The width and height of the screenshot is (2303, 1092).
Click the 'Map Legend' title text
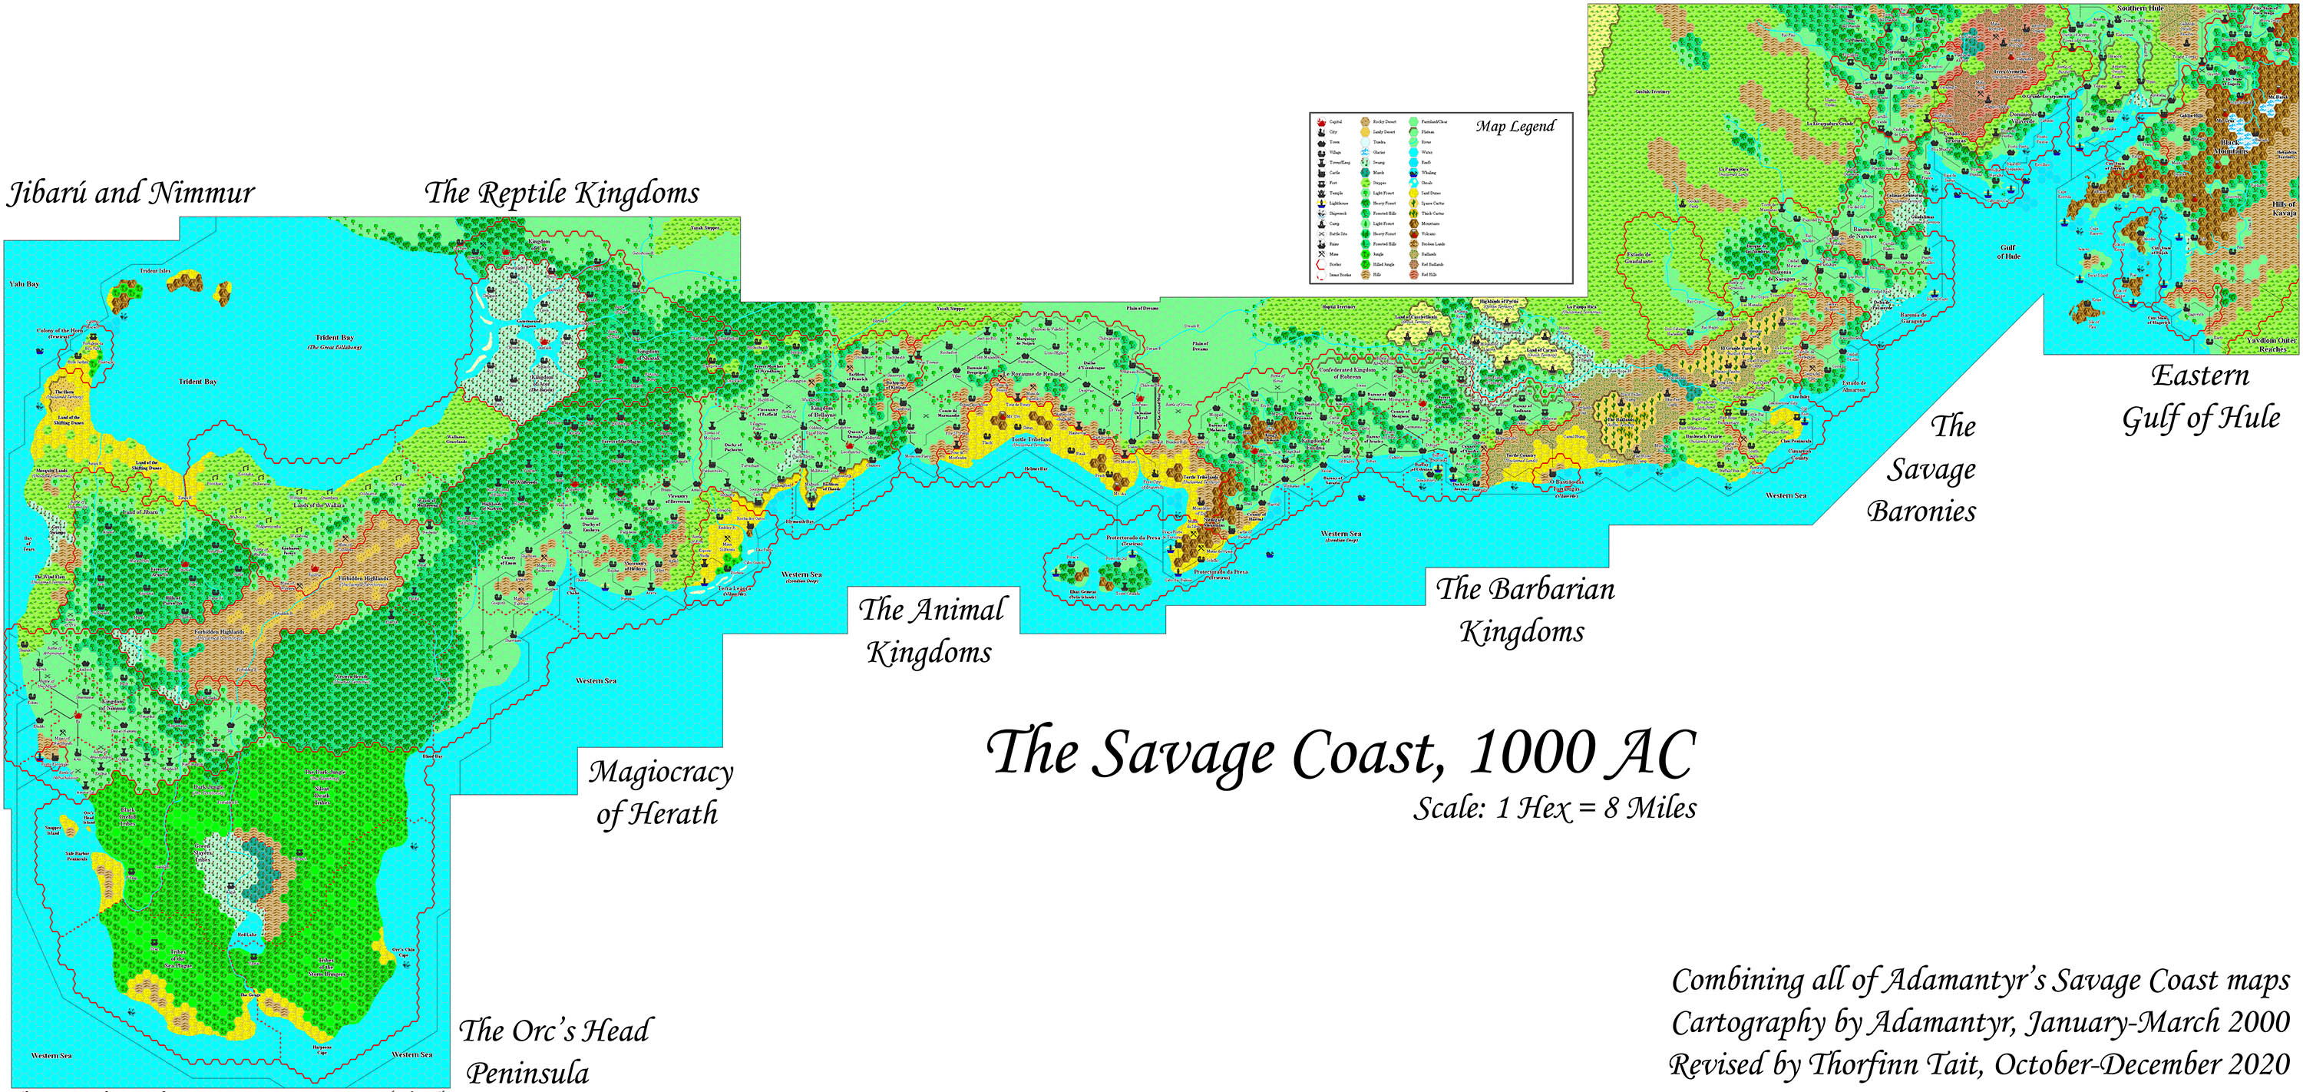click(x=1515, y=127)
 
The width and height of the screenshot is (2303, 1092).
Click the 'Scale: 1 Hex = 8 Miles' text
click(x=1554, y=809)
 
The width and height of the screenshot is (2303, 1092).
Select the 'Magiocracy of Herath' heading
click(x=659, y=793)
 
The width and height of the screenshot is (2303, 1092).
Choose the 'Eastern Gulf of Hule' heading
click(x=2200, y=397)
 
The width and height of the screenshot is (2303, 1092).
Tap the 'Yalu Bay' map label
click(x=24, y=283)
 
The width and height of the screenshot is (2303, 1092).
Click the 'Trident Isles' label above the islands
click(x=154, y=270)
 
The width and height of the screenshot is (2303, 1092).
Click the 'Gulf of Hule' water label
click(x=2008, y=252)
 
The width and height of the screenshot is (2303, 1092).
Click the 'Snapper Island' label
click(x=53, y=831)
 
